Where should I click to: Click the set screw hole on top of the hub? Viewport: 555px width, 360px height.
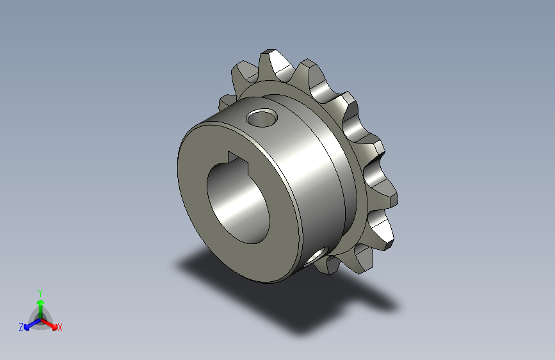click(x=263, y=118)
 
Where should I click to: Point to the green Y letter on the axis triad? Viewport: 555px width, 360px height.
click(x=40, y=291)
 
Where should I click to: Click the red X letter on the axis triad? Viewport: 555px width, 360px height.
click(x=60, y=328)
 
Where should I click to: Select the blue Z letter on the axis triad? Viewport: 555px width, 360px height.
click(x=21, y=327)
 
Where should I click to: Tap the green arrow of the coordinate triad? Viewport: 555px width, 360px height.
click(x=40, y=304)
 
